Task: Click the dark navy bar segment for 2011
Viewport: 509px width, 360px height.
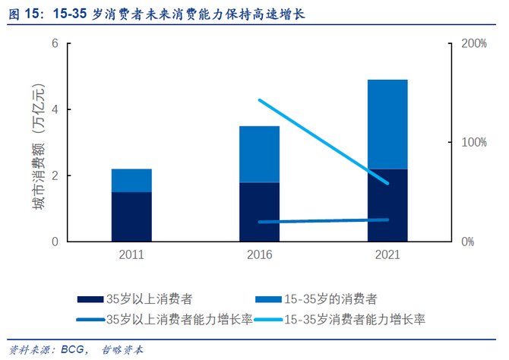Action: [131, 216]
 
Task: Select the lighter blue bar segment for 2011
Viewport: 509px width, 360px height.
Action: [131, 180]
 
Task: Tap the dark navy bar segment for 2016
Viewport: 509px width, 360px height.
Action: [259, 212]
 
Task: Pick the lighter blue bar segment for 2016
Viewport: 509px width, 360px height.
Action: [259, 154]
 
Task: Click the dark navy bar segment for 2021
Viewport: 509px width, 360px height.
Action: [387, 205]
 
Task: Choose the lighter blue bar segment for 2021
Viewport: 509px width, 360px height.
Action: [387, 124]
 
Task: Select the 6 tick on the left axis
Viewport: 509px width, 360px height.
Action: [55, 43]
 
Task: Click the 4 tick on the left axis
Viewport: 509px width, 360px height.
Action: [55, 109]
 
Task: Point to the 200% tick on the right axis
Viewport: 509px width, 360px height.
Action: [473, 43]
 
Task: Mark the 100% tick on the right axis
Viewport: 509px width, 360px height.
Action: [473, 143]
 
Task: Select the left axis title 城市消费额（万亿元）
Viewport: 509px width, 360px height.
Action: [38, 142]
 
